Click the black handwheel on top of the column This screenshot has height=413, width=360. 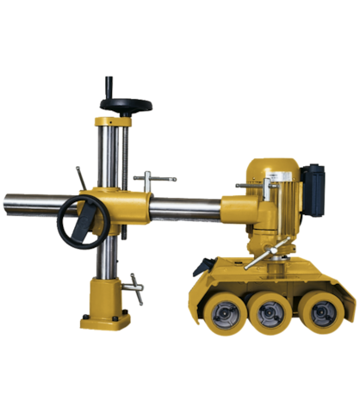click(x=125, y=104)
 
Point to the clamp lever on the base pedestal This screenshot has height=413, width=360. click(x=133, y=285)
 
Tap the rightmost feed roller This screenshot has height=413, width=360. click(x=322, y=313)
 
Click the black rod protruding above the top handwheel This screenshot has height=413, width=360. click(x=109, y=85)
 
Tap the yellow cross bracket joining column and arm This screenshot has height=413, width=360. click(x=121, y=206)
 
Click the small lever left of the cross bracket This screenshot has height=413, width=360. click(x=82, y=176)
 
